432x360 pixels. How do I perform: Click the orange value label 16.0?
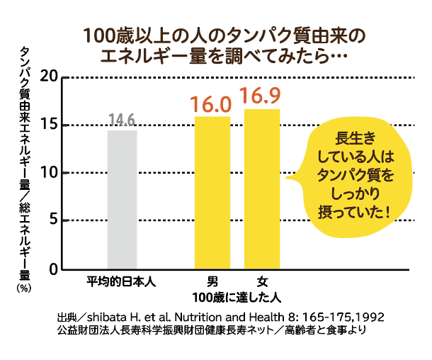[212, 105]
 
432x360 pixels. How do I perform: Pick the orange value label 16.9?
[262, 96]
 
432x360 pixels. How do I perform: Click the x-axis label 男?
[212, 281]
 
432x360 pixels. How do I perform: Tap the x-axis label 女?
[262, 281]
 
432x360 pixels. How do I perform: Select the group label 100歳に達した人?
[237, 295]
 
